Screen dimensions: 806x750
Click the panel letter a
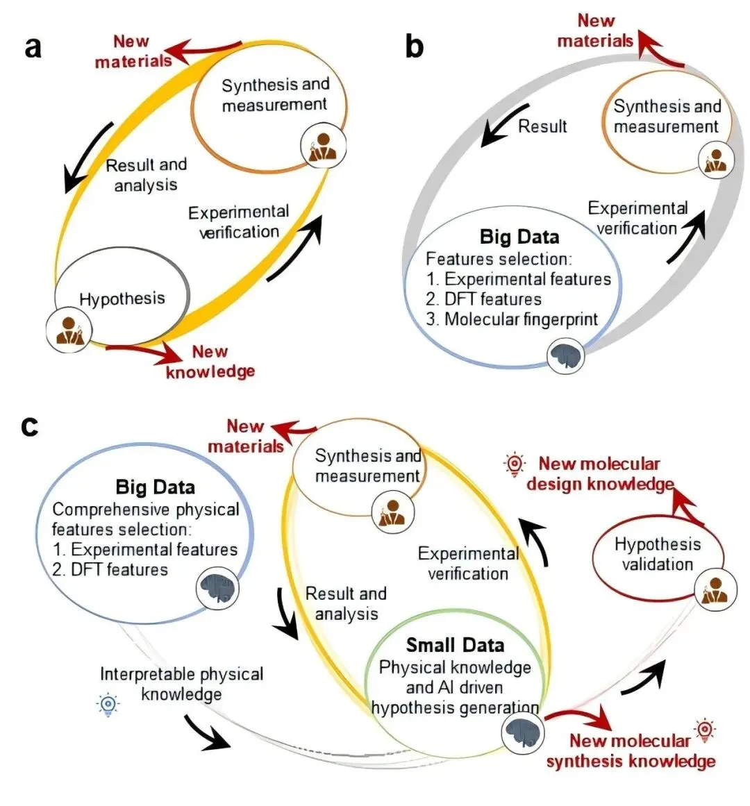(33, 49)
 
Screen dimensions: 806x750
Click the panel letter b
(414, 47)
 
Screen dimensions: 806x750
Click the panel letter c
(29, 426)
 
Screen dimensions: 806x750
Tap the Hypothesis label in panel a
(122, 299)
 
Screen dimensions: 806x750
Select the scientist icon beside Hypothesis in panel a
(69, 328)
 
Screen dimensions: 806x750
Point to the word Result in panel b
(542, 126)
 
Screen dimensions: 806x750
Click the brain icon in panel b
(565, 355)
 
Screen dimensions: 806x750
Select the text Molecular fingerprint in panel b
(521, 319)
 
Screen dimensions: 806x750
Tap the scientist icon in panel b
(715, 159)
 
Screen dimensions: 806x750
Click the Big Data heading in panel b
(519, 237)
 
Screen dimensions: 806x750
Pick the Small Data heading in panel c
(455, 645)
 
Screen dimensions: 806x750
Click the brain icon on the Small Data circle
(522, 732)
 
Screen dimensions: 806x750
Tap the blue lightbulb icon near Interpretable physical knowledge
(108, 705)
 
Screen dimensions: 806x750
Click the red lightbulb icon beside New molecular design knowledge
(515, 464)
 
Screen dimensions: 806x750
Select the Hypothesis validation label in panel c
(657, 554)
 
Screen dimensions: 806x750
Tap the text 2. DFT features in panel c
(110, 570)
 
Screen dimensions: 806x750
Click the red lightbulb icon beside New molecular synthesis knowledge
(706, 730)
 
